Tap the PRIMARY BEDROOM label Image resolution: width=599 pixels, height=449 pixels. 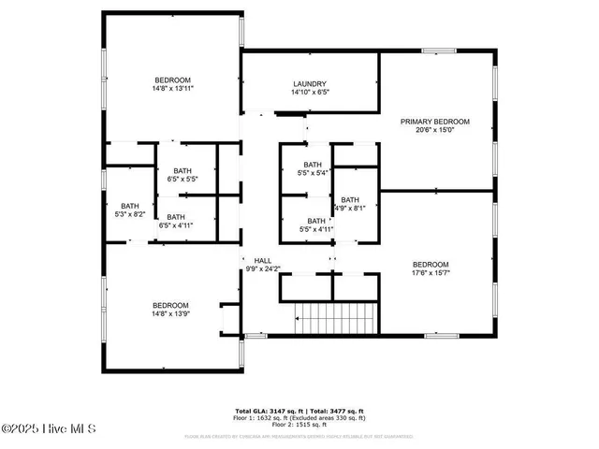tap(435, 122)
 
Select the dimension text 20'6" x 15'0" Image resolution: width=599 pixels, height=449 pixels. tap(435, 131)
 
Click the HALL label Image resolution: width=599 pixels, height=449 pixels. tap(262, 259)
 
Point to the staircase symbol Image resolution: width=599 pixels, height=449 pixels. tap(336, 319)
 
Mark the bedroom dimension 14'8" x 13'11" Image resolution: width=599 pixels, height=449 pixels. tap(173, 88)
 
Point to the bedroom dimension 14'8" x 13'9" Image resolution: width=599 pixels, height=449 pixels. tap(171, 314)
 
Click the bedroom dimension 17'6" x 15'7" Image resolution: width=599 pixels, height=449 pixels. tap(431, 273)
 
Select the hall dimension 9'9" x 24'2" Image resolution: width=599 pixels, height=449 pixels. tap(263, 268)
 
